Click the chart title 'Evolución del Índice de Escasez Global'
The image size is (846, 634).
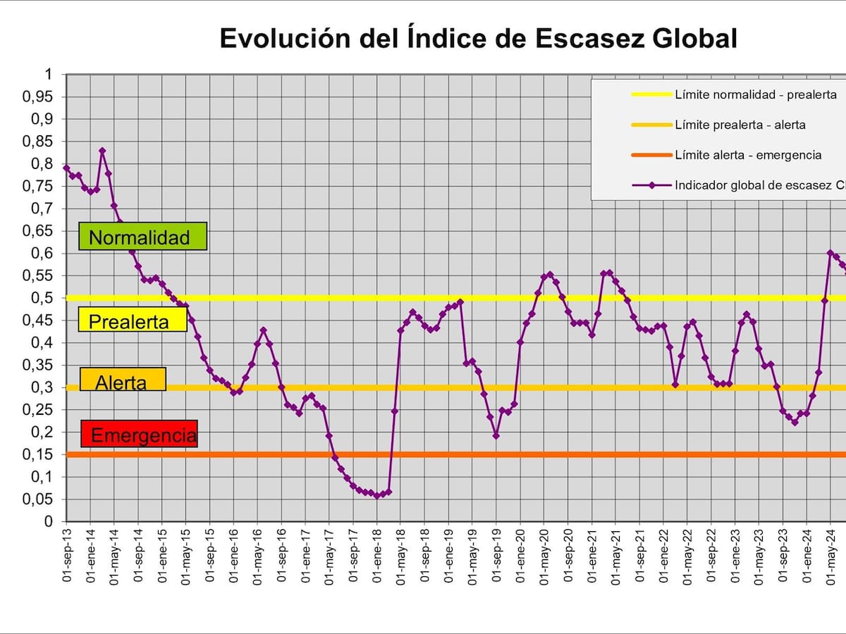point(478,38)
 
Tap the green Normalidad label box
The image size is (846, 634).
point(142,237)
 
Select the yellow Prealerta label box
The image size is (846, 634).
point(132,321)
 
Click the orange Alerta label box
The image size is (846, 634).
point(122,380)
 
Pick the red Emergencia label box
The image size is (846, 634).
point(140,435)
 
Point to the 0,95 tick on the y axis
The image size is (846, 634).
point(38,97)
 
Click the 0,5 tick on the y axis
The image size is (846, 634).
point(44,298)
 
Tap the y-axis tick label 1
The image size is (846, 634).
point(49,75)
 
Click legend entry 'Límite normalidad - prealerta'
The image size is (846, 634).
point(755,94)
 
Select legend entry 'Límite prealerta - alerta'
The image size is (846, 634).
point(740,125)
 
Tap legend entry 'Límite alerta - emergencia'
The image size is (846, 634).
point(748,155)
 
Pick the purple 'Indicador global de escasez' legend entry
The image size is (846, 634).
point(758,186)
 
